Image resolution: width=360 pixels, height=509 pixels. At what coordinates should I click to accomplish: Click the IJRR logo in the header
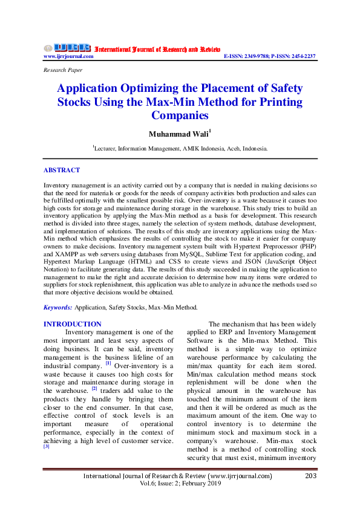[67, 47]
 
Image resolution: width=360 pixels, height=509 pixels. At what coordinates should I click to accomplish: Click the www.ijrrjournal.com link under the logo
[68, 56]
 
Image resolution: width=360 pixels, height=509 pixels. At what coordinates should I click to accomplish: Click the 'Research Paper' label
[63, 70]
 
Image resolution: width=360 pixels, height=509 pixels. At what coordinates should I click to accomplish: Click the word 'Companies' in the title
[180, 115]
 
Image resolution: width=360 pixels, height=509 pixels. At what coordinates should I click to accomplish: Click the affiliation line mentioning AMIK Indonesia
[180, 148]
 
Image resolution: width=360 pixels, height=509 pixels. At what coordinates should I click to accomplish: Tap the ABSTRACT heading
[62, 170]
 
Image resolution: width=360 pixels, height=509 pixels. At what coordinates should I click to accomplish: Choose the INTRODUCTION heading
[73, 325]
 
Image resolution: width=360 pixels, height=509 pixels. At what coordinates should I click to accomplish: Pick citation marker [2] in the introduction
[94, 389]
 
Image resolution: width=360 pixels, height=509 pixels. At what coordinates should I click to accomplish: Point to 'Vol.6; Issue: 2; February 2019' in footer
[180, 485]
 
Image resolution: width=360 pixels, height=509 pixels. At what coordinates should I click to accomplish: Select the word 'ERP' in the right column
[232, 332]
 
